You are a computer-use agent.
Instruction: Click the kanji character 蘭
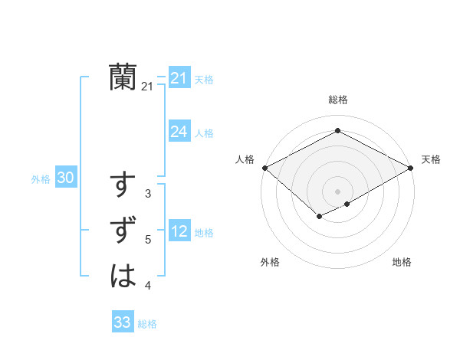pyautogui.click(x=123, y=77)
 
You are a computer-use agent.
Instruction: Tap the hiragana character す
pyautogui.click(x=123, y=186)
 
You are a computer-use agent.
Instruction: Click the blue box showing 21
pyautogui.click(x=179, y=77)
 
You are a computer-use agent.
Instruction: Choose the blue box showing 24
pyautogui.click(x=179, y=132)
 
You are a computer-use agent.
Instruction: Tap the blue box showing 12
pyautogui.click(x=179, y=231)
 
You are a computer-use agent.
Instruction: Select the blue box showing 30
pyautogui.click(x=65, y=178)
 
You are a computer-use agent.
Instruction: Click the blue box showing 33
pyautogui.click(x=123, y=322)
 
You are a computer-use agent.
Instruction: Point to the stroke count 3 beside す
pyautogui.click(x=148, y=194)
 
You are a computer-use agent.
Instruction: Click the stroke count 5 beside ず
pyautogui.click(x=148, y=240)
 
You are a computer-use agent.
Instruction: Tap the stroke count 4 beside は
pyautogui.click(x=148, y=286)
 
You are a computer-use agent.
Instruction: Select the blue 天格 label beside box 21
pyautogui.click(x=204, y=79)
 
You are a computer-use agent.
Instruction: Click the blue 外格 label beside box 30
pyautogui.click(x=41, y=179)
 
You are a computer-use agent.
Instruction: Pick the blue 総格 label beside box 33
pyautogui.click(x=147, y=324)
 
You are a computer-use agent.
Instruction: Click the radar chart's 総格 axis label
pyautogui.click(x=337, y=100)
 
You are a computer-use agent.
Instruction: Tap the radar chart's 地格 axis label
pyautogui.click(x=402, y=263)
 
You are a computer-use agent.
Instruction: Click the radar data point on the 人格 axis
pyautogui.click(x=264, y=168)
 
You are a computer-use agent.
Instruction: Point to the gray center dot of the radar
pyautogui.click(x=337, y=191)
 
